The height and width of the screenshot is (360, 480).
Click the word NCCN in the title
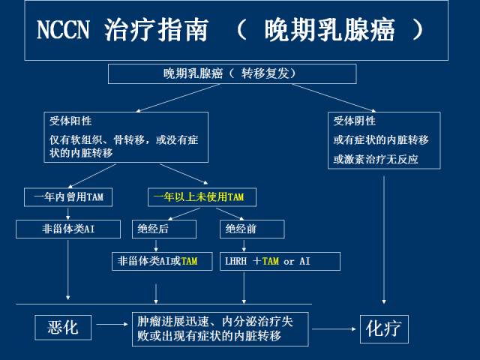[64, 30]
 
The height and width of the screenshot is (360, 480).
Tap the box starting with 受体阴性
[384, 140]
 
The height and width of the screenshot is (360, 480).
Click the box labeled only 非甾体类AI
[68, 229]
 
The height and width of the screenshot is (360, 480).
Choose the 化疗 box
[384, 328]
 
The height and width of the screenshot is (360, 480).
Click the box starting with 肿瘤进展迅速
[220, 328]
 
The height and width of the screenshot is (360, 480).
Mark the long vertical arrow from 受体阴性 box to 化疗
[384, 240]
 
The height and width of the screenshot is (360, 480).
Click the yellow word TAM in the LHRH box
[271, 261]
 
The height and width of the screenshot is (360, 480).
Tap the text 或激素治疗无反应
[376, 159]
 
